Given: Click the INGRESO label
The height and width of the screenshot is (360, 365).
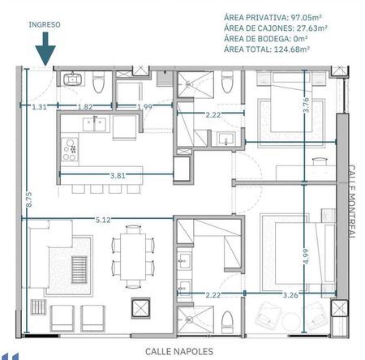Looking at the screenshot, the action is pyautogui.click(x=45, y=24).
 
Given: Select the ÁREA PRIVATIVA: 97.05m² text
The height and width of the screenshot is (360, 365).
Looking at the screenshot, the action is pyautogui.click(x=273, y=18).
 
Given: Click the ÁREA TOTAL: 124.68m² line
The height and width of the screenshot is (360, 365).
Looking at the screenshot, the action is pyautogui.click(x=267, y=49).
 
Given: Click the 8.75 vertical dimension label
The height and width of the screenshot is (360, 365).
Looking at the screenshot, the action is pyautogui.click(x=28, y=199).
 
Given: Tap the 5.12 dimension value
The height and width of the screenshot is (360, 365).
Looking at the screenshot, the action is pyautogui.click(x=103, y=220).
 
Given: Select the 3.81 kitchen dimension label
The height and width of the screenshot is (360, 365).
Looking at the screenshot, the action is pyautogui.click(x=118, y=176).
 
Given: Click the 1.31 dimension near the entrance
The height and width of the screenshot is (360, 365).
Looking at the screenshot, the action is pyautogui.click(x=40, y=107).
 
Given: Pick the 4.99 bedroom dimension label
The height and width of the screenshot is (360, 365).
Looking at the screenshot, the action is pyautogui.click(x=306, y=256).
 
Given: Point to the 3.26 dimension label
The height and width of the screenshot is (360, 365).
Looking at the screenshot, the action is pyautogui.click(x=290, y=295).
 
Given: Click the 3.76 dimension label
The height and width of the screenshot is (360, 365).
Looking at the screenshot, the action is pyautogui.click(x=306, y=105).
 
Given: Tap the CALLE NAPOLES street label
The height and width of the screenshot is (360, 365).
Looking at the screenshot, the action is pyautogui.click(x=179, y=352).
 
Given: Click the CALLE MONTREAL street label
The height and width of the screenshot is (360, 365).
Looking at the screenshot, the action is pyautogui.click(x=351, y=202).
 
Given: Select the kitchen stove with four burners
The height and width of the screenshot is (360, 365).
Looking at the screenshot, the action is pyautogui.click(x=70, y=149).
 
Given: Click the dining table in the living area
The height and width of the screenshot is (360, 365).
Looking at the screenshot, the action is pyautogui.click(x=133, y=257).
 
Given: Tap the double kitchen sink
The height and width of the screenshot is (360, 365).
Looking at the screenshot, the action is pyautogui.click(x=94, y=124).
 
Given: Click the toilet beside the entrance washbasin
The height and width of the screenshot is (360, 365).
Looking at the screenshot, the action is pyautogui.click(x=98, y=82).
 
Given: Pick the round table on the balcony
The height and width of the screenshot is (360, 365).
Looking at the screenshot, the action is pyautogui.click(x=291, y=321).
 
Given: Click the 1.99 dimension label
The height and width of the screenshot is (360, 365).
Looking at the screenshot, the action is pyautogui.click(x=144, y=107).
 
